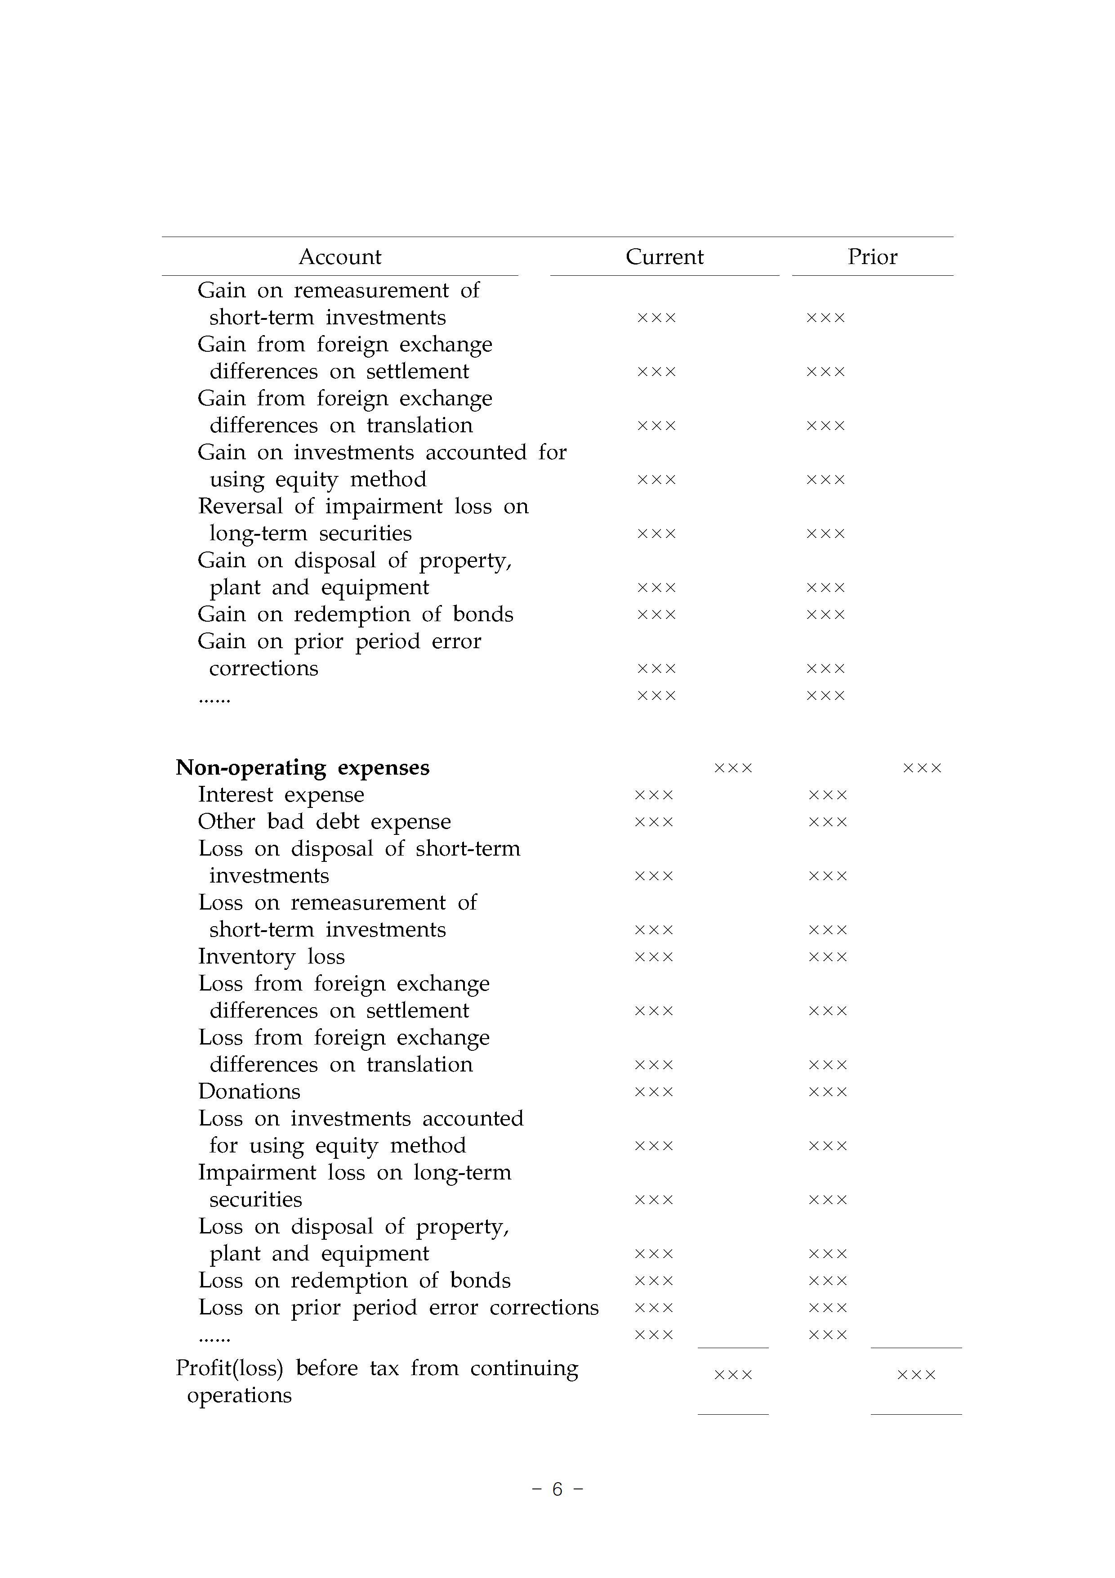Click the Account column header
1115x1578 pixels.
pos(339,257)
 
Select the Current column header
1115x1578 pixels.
pos(665,257)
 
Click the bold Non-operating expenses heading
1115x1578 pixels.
pos(302,768)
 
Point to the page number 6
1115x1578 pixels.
pos(557,1488)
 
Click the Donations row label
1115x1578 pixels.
pos(249,1091)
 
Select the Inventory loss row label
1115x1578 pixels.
pos(272,957)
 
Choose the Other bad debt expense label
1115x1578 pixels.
pos(324,821)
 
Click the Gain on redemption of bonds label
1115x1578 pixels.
pos(355,614)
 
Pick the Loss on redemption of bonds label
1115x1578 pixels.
pos(354,1280)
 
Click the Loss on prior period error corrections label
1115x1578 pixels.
pos(398,1307)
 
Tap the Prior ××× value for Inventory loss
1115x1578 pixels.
pos(828,957)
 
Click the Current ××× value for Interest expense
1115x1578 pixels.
pos(653,795)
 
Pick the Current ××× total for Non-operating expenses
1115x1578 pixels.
pos(733,768)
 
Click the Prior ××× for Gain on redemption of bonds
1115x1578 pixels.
pos(825,615)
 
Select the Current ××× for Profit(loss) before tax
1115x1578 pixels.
pos(733,1375)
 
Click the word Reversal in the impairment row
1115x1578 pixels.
pos(241,507)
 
